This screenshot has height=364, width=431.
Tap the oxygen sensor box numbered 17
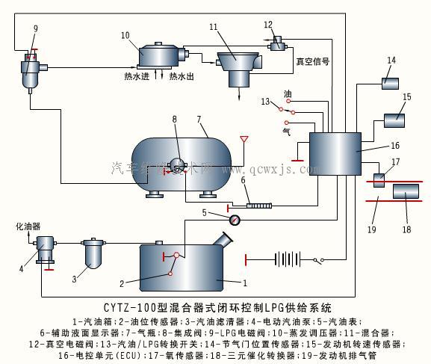coord(379,179)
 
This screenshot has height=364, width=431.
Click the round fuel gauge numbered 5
coord(235,220)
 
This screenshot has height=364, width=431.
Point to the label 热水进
coord(137,75)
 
